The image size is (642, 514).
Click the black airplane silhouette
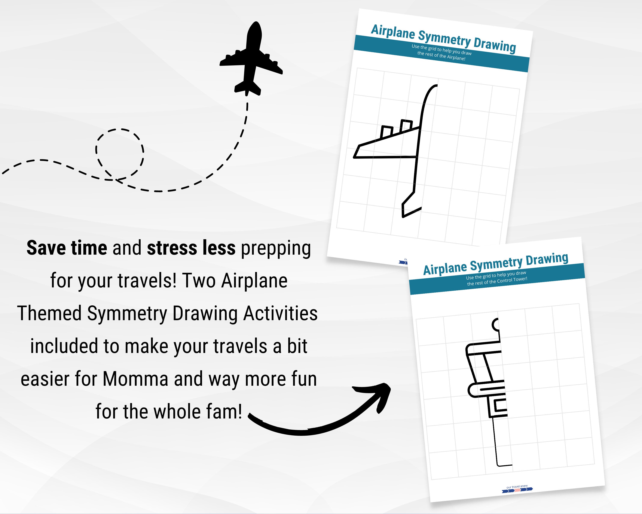pos(252,60)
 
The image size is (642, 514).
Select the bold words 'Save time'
pos(67,248)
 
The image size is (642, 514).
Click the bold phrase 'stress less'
pos(191,248)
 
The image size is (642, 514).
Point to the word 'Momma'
pos(135,379)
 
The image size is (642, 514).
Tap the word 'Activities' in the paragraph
pos(281,314)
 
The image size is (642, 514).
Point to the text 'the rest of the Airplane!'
pos(441,56)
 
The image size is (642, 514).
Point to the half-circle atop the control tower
pos(495,324)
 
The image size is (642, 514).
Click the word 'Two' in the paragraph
pos(199,281)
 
